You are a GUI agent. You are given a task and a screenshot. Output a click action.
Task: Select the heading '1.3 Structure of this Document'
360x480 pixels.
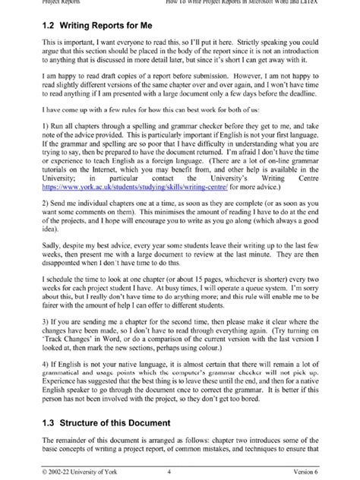pyautogui.click(x=100, y=422)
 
